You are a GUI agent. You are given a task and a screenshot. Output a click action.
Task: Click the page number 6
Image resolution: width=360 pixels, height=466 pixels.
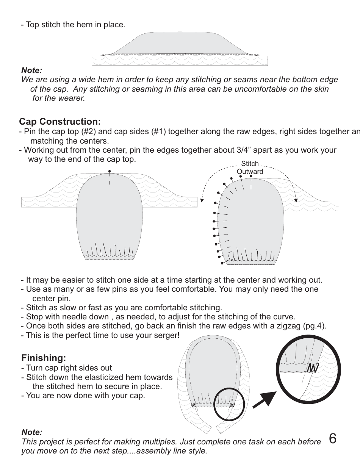pos(332,439)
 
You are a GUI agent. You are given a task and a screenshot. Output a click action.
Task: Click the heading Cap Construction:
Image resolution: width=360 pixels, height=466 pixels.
pos(60,122)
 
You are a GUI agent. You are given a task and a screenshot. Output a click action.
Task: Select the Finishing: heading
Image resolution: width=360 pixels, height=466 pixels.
pos(44,358)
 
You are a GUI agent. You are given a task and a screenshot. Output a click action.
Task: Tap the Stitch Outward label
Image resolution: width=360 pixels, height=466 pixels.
pos(250,167)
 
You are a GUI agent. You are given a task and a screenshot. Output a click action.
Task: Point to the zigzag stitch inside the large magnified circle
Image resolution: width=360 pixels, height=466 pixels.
pos(312,367)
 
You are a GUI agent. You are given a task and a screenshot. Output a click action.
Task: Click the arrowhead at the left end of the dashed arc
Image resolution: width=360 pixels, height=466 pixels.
pos(202,200)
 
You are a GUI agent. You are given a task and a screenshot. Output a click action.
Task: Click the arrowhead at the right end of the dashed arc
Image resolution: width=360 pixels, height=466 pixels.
pos(296,200)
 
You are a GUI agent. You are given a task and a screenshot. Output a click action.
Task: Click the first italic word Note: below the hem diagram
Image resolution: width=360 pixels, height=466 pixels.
pos(31,70)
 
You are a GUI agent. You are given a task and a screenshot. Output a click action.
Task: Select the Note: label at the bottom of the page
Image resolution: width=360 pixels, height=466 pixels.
pos(32,432)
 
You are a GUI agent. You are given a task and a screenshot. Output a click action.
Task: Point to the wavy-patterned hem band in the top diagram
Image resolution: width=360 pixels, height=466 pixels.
pos(180,61)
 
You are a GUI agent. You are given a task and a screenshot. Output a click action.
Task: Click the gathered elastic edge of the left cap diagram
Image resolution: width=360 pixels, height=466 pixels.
pos(109,257)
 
